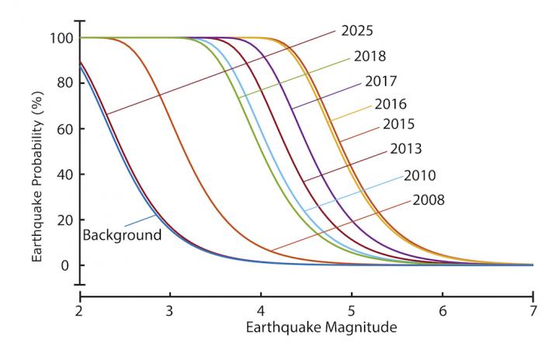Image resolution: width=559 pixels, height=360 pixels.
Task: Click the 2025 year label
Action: click(x=357, y=32)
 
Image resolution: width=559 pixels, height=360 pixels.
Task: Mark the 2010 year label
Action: click(x=420, y=175)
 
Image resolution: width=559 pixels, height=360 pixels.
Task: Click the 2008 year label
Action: click(x=428, y=200)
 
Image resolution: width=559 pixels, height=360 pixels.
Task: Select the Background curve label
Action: click(x=121, y=234)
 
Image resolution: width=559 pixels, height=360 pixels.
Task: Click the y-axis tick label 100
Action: click(x=61, y=38)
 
